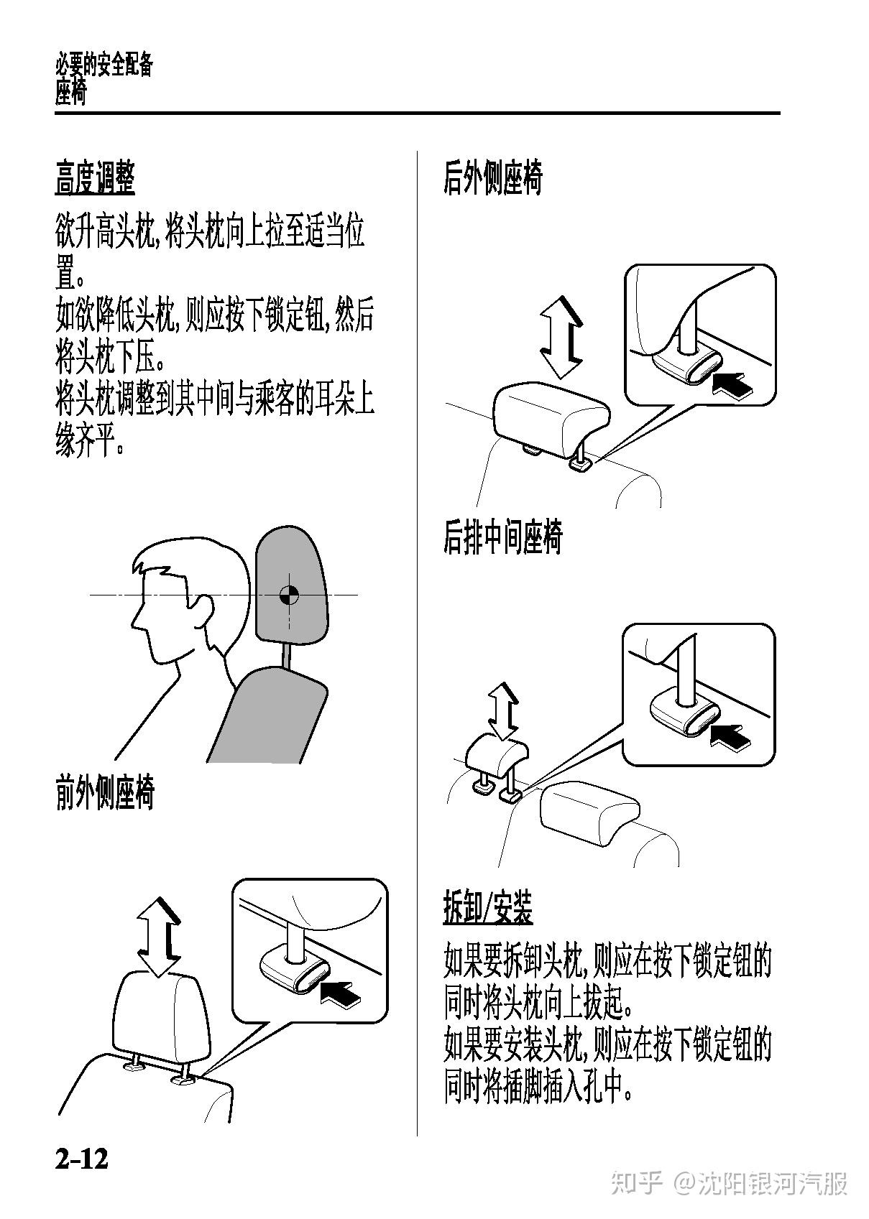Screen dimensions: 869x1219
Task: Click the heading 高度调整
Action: click(95, 177)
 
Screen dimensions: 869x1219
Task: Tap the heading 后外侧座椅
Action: click(493, 177)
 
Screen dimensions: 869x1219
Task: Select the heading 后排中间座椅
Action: click(502, 537)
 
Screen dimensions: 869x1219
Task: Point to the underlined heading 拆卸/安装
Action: click(488, 907)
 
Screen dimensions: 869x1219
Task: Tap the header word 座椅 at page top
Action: click(70, 93)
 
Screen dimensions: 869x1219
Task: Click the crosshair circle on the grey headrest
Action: click(288, 595)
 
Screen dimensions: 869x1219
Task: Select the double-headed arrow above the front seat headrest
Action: click(158, 937)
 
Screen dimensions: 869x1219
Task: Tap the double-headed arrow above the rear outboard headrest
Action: click(561, 338)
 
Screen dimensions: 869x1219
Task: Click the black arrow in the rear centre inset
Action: click(731, 736)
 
